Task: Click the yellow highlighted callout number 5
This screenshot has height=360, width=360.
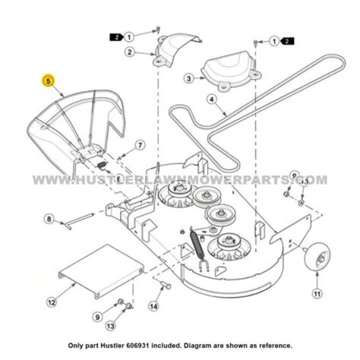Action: tap(48, 80)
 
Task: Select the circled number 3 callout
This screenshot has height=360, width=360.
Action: tap(188, 78)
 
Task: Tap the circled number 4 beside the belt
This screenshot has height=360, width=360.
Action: tap(211, 99)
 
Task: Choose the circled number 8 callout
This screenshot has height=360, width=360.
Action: tap(48, 218)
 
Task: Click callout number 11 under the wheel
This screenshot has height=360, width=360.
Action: tap(316, 293)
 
